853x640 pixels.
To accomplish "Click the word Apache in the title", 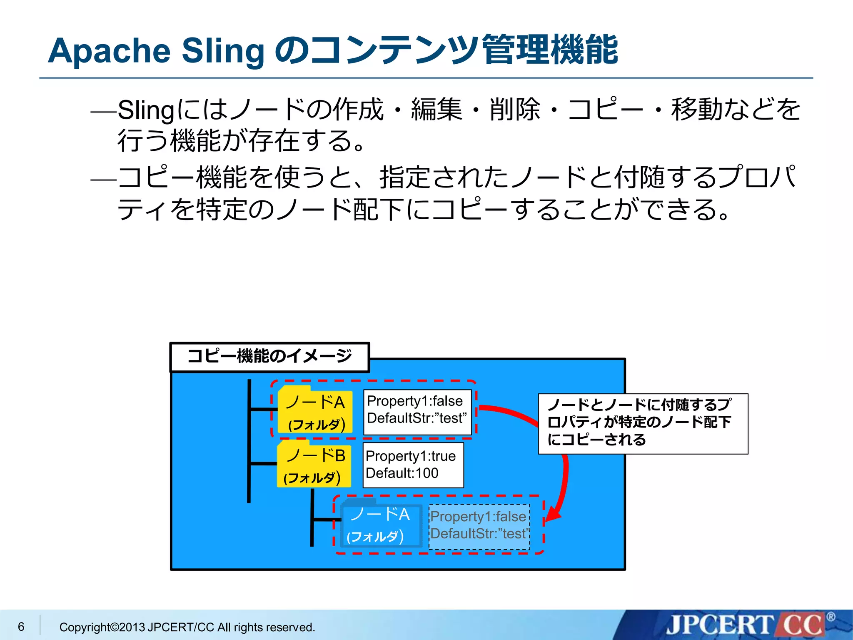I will click(x=109, y=51).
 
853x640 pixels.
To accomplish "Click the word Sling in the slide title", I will click(x=223, y=51).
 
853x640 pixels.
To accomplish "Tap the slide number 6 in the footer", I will click(x=21, y=626).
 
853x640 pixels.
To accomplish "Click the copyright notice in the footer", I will click(x=187, y=627).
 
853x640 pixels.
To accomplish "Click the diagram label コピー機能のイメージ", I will click(x=269, y=357).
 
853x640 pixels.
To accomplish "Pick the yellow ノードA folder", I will click(x=315, y=410).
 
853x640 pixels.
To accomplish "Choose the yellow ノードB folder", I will click(x=314, y=464).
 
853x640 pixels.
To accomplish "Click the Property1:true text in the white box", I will click(x=410, y=456).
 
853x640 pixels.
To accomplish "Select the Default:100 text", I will click(x=402, y=473).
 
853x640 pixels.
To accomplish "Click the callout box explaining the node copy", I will click(x=643, y=423).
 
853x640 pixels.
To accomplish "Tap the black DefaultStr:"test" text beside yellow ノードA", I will click(x=417, y=418).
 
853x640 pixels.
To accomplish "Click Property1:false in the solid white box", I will click(x=414, y=401).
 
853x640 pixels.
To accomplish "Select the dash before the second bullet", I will click(x=103, y=180).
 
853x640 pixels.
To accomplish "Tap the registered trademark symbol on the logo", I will click(x=831, y=617).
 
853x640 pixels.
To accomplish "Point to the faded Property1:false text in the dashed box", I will click(x=478, y=517).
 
